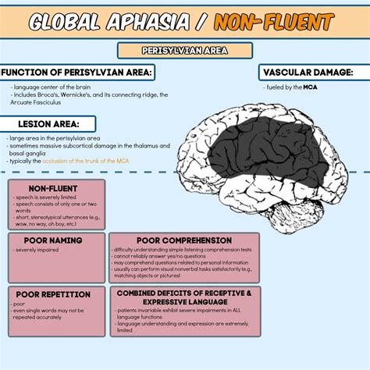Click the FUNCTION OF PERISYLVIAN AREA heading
(x=78, y=73)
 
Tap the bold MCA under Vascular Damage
(x=311, y=87)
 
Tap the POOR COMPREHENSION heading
(x=184, y=240)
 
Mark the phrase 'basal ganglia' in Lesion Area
(x=28, y=153)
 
